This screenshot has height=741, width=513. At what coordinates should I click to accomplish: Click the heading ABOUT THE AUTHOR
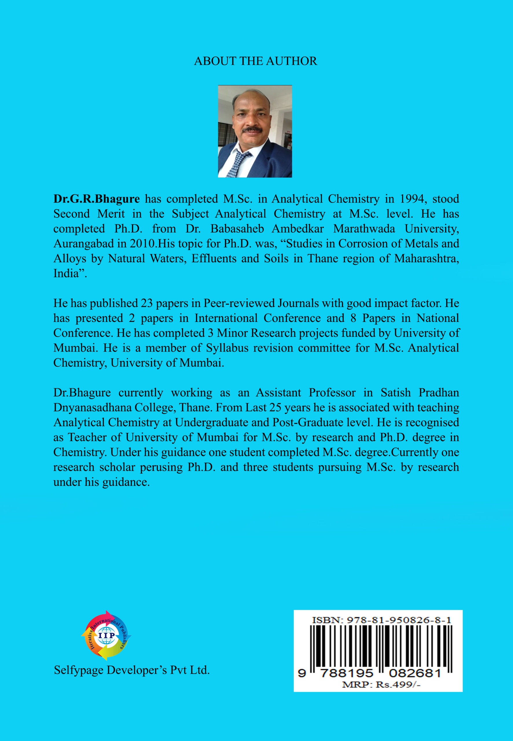(x=255, y=61)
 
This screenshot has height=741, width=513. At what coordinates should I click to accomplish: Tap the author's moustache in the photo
(x=252, y=130)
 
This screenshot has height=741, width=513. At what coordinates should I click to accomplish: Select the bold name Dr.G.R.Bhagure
(x=96, y=199)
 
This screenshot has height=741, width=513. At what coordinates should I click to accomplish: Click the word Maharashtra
(x=426, y=258)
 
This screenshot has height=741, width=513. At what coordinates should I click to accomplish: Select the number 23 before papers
(x=146, y=303)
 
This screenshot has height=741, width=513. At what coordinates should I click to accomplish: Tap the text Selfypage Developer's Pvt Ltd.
(x=132, y=670)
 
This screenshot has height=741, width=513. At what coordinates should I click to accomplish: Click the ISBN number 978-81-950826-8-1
(x=398, y=620)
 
